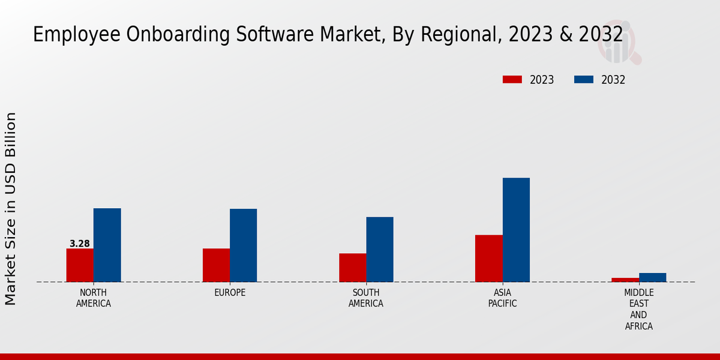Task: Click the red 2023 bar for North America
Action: pos(80,265)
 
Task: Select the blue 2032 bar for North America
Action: pos(107,245)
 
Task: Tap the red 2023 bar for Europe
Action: pos(216,265)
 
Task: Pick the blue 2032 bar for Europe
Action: pos(243,245)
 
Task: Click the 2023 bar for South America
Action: pos(352,268)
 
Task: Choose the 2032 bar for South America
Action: pos(380,249)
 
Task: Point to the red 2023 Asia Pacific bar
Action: pos(488,258)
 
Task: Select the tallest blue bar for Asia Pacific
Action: pos(516,230)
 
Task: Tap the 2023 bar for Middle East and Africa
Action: pos(625,280)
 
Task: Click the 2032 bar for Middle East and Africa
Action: pos(652,277)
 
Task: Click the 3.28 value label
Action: pos(80,244)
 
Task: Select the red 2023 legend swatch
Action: pos(512,80)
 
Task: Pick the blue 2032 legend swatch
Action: pos(584,80)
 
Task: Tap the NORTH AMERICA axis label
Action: pos(93,298)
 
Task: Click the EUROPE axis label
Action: pos(230,293)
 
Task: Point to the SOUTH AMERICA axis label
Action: pos(366,298)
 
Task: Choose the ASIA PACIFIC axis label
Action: pos(502,298)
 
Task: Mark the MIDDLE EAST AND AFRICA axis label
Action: pos(638,310)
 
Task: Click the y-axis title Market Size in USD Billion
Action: pos(11,208)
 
